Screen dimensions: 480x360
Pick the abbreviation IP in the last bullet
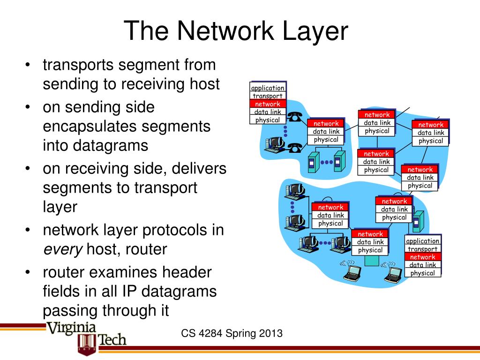click(131, 292)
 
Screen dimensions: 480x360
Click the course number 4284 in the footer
click(210, 334)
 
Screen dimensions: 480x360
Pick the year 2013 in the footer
click(271, 334)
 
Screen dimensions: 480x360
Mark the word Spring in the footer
click(241, 334)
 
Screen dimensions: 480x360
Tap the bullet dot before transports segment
click(29, 66)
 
